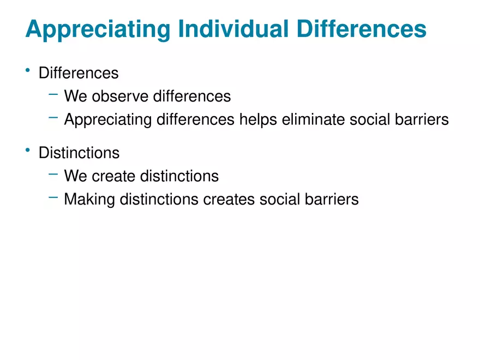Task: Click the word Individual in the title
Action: tap(233, 29)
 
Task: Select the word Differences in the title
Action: tap(361, 29)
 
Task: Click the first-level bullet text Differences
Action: tap(79, 73)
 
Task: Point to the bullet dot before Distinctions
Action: tap(28, 150)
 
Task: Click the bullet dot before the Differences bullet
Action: tap(28, 70)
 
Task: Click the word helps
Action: tap(258, 120)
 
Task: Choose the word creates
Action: tap(229, 200)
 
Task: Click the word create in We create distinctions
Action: tap(113, 176)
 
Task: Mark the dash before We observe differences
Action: tap(53, 94)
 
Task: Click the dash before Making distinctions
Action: tap(53, 197)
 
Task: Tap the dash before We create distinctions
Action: tap(53, 175)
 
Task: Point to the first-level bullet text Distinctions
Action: tap(79, 153)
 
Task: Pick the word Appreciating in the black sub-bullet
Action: tap(108, 120)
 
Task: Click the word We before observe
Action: tap(76, 96)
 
